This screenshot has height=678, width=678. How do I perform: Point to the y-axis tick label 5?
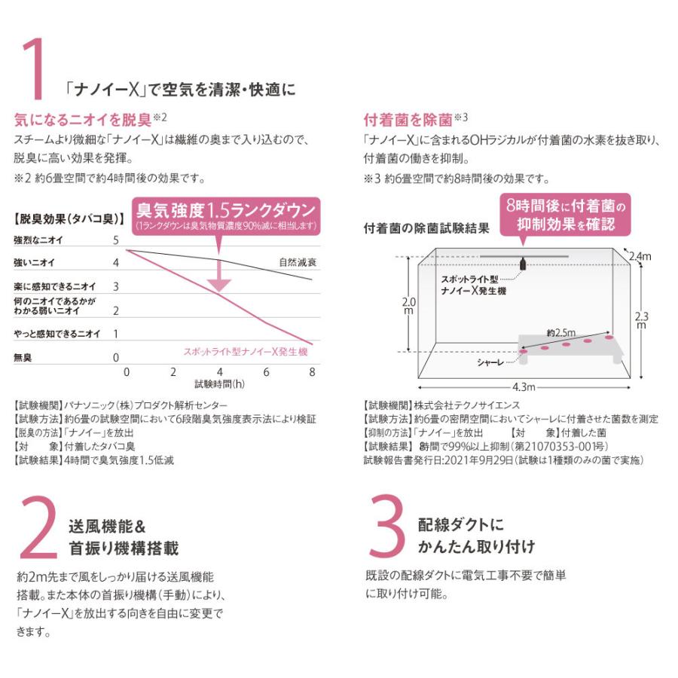pyautogui.click(x=115, y=240)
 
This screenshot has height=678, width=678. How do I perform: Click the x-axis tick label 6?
pyautogui.click(x=266, y=372)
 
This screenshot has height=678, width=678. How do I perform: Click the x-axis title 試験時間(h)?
pyautogui.click(x=218, y=383)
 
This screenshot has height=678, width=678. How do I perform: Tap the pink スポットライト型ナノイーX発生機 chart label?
pyautogui.click(x=246, y=352)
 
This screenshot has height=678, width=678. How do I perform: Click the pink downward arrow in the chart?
pyautogui.click(x=219, y=276)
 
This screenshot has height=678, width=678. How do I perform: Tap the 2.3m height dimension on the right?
pyautogui.click(x=640, y=320)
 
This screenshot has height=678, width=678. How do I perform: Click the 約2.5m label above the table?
pyautogui.click(x=561, y=332)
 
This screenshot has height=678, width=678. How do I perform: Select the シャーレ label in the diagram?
pyautogui.click(x=493, y=363)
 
